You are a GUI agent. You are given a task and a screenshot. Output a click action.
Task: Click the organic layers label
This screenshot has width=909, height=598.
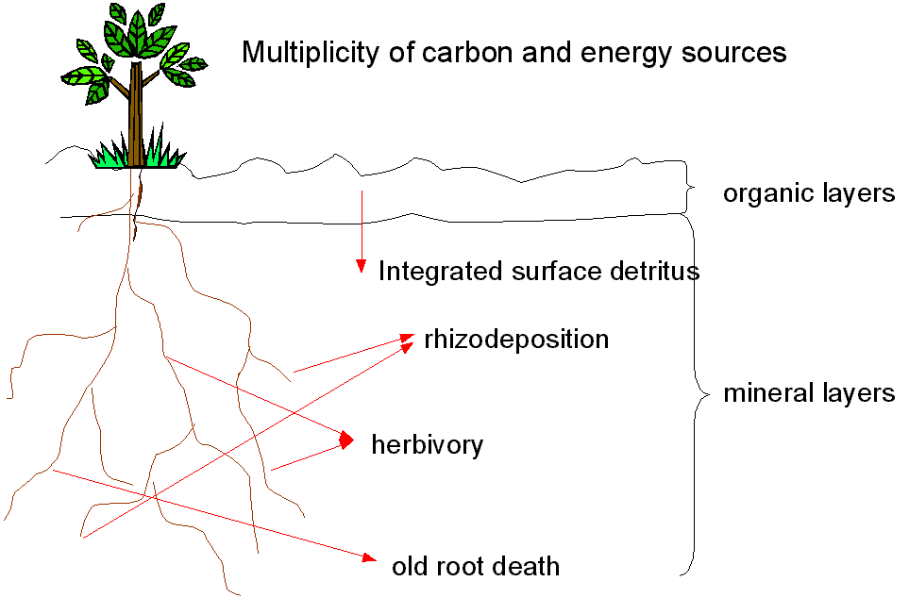tap(808, 194)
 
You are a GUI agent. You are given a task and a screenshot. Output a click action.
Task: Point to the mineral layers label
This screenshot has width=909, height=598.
tap(809, 393)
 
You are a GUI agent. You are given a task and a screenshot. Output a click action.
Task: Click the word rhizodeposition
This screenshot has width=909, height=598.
tap(516, 340)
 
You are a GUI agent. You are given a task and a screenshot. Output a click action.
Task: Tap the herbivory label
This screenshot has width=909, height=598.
tap(427, 445)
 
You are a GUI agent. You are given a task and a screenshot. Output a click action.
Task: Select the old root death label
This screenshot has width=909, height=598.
tap(475, 567)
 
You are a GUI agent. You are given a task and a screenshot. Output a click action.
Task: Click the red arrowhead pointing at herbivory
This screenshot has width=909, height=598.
tap(346, 440)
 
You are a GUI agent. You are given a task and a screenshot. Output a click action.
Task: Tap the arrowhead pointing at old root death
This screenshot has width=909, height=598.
tap(370, 558)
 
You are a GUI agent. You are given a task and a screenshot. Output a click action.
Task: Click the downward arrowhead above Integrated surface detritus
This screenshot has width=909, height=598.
tap(360, 267)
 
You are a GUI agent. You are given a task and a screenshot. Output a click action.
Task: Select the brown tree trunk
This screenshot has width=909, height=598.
tap(138, 113)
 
